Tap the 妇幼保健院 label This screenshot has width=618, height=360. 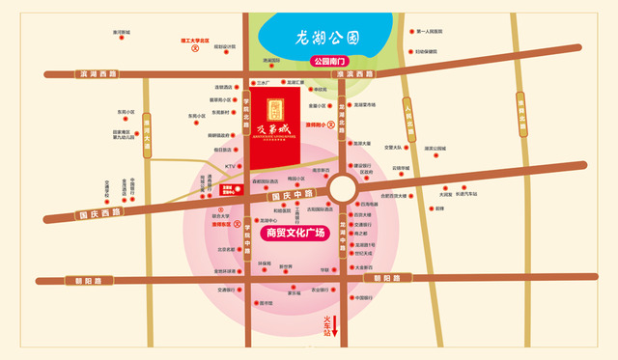(x=426, y=51)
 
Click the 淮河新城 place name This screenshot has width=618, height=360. (x=121, y=31)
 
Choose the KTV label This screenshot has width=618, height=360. (x=231, y=166)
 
